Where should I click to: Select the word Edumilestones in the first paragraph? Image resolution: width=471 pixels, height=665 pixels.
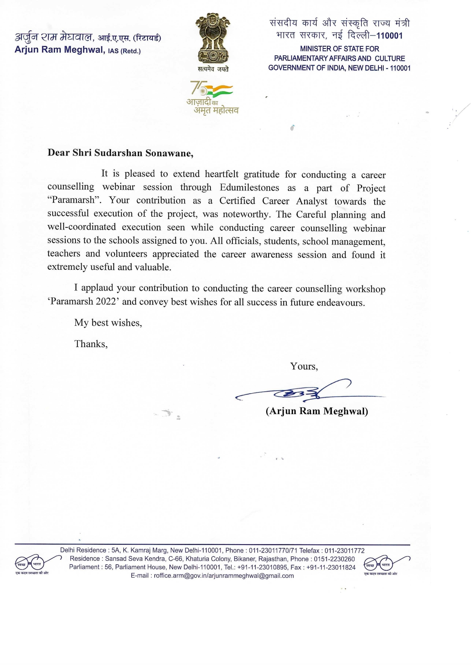(x=249, y=188)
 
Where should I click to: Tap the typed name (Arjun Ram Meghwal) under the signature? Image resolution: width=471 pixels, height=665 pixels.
(x=317, y=411)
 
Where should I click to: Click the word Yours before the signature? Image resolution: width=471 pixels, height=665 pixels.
(x=303, y=366)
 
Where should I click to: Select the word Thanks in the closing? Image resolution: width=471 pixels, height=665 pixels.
(x=91, y=344)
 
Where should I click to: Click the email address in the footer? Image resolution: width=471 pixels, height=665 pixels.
(x=224, y=576)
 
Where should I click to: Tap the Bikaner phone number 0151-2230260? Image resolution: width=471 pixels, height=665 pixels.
(x=334, y=559)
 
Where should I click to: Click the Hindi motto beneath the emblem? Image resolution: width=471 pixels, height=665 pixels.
(x=213, y=69)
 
